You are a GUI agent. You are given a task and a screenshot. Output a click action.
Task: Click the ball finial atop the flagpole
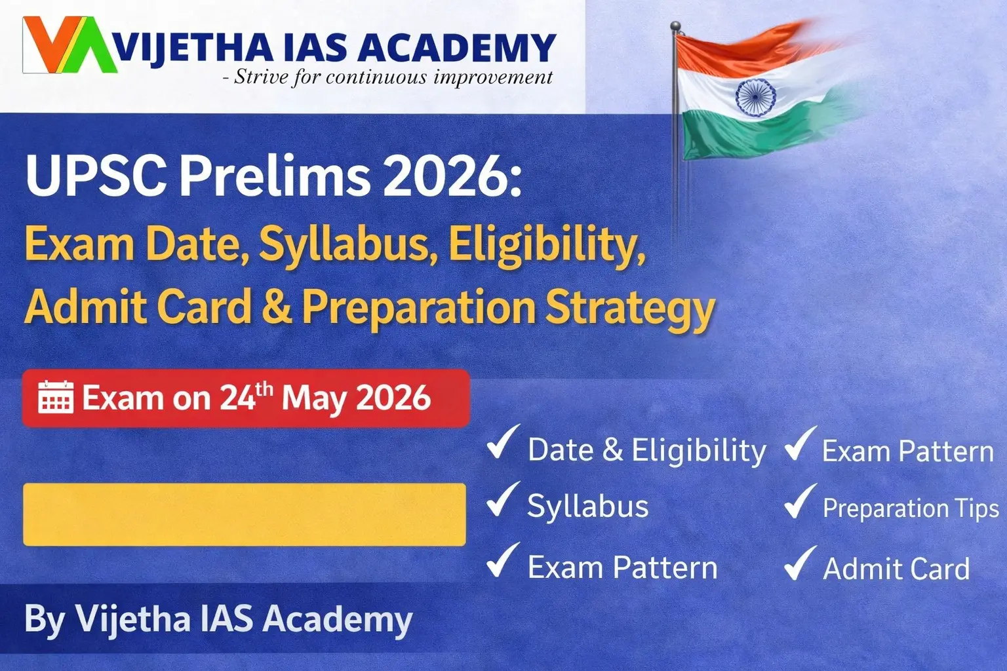675,26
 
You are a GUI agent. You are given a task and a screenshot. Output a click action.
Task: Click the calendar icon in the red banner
55,397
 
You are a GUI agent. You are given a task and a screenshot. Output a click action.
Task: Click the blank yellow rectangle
245,514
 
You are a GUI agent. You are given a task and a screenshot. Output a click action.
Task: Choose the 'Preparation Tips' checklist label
910,508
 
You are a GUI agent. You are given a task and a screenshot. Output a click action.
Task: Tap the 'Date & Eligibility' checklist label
646,450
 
